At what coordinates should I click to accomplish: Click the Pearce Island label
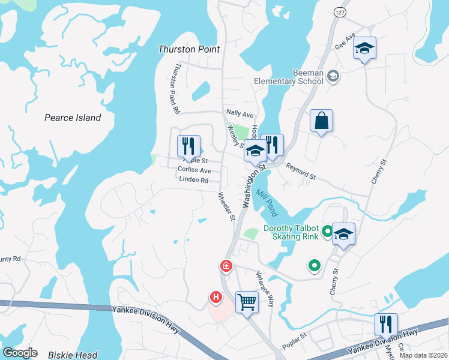click(x=73, y=118)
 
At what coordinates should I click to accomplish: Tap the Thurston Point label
click(x=188, y=49)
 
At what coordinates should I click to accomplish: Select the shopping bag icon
click(x=321, y=121)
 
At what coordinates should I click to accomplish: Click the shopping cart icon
click(x=246, y=301)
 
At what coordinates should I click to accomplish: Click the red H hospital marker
click(x=215, y=296)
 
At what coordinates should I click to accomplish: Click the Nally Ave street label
click(x=240, y=114)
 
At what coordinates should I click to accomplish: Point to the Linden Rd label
click(x=193, y=180)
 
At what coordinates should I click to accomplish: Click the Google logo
click(x=20, y=353)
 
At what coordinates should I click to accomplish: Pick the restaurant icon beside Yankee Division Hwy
click(x=386, y=324)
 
